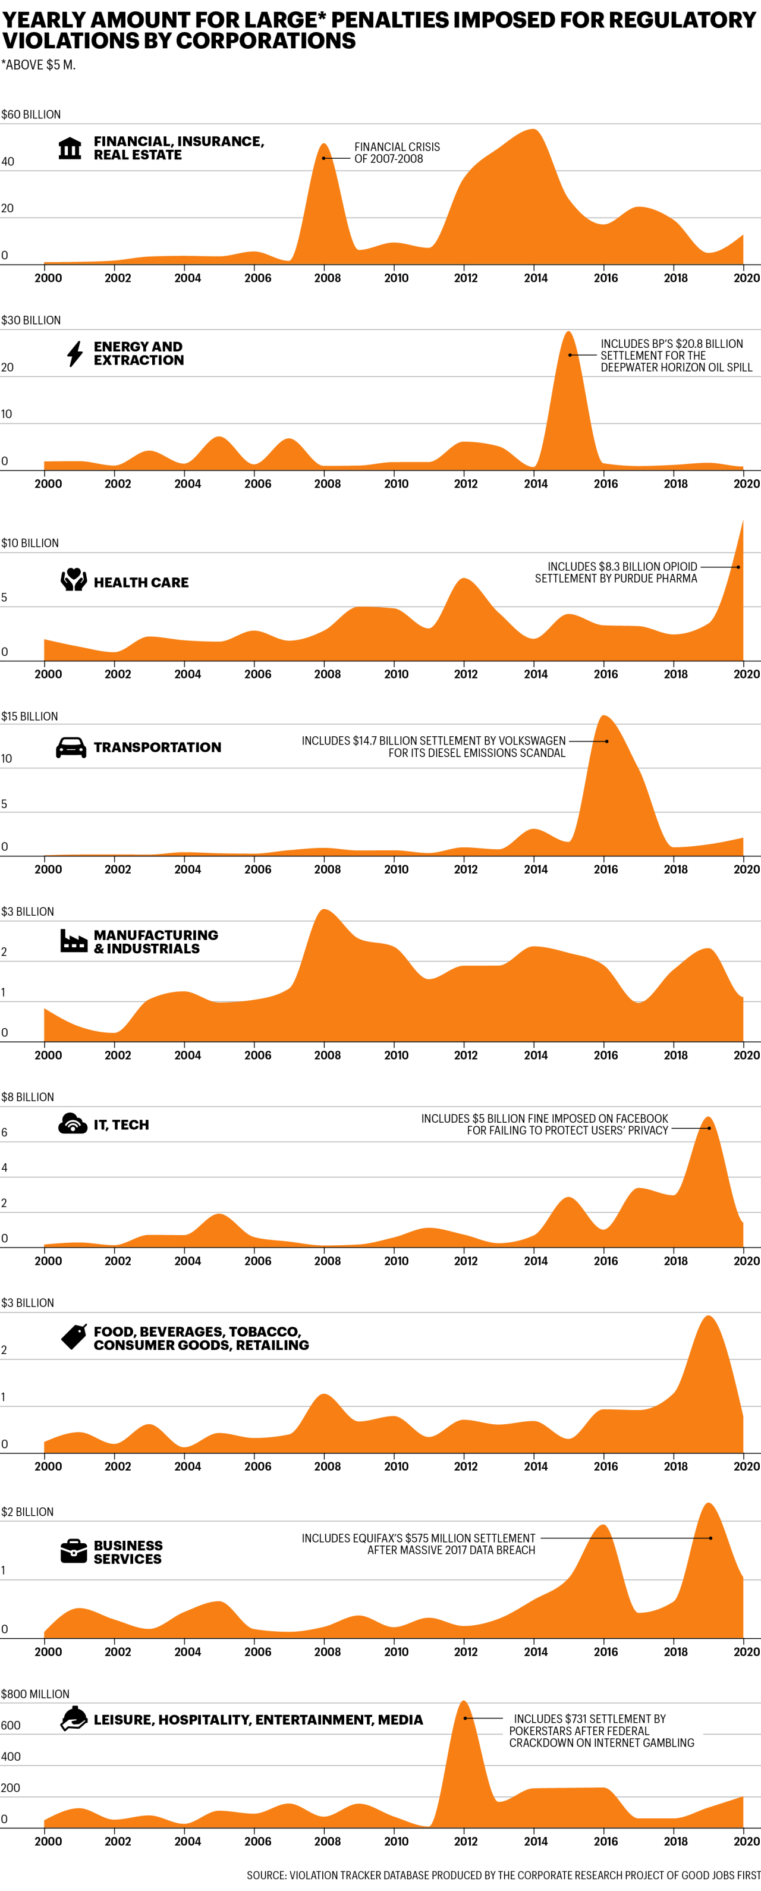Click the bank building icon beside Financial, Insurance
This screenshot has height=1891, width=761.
click(70, 147)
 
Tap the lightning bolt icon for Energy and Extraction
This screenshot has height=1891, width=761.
click(75, 353)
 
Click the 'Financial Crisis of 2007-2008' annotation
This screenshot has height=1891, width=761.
click(397, 153)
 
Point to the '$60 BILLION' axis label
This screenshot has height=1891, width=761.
click(31, 115)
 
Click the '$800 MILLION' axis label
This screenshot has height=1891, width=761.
click(34, 1694)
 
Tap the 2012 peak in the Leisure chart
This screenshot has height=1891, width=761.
click(463, 1704)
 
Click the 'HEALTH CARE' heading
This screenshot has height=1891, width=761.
click(141, 582)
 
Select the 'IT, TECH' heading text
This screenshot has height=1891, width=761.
click(121, 1124)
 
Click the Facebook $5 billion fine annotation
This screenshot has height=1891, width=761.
click(545, 1124)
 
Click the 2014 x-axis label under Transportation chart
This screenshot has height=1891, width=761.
click(536, 869)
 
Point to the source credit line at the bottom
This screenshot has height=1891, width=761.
click(503, 1874)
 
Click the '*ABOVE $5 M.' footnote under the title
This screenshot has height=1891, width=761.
click(38, 65)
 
